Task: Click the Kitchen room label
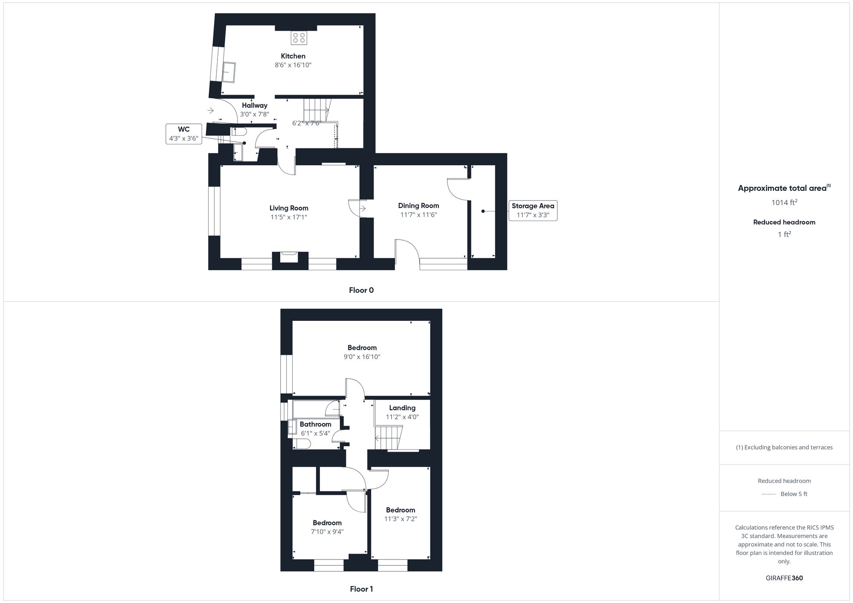click(293, 56)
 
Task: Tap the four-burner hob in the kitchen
click(299, 38)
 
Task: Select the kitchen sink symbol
click(229, 72)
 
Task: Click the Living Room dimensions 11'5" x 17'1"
click(289, 217)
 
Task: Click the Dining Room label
click(418, 205)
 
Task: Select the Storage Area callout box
click(533, 211)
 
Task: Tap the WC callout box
click(184, 134)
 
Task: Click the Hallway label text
click(255, 105)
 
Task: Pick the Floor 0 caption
click(361, 290)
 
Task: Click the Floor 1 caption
click(361, 589)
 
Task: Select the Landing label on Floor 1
click(402, 408)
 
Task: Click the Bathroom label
click(316, 424)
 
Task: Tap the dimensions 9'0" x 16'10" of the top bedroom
click(362, 357)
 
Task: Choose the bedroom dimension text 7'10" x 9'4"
click(327, 531)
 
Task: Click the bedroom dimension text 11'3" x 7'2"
click(400, 519)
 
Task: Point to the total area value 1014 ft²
click(784, 202)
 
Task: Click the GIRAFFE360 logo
click(784, 578)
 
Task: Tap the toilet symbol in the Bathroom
click(302, 444)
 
